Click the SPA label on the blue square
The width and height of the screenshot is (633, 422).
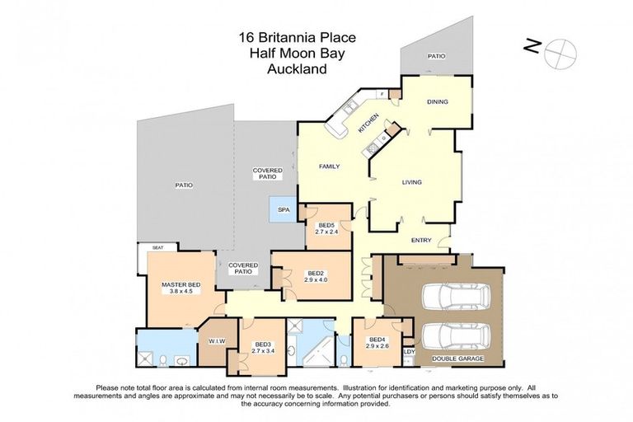284,210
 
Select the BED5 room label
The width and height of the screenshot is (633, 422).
326,225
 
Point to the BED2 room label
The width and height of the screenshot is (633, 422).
316,274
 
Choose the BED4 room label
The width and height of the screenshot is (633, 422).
377,340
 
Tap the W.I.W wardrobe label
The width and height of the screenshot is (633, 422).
218,340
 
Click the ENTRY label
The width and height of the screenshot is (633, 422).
421,240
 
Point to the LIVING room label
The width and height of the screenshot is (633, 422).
413,183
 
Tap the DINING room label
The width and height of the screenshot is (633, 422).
437,102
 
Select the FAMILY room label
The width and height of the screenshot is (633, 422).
330,166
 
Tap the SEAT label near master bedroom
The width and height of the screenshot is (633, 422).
157,247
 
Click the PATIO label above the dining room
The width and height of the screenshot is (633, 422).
435,56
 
